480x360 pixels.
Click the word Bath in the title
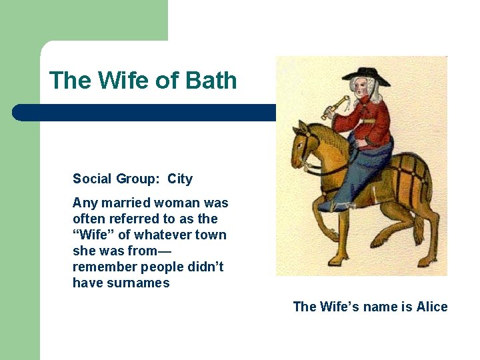(211, 81)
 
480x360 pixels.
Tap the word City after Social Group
(180, 179)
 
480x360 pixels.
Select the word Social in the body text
(91, 179)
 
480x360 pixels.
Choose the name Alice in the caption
(432, 307)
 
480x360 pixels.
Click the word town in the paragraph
(211, 235)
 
